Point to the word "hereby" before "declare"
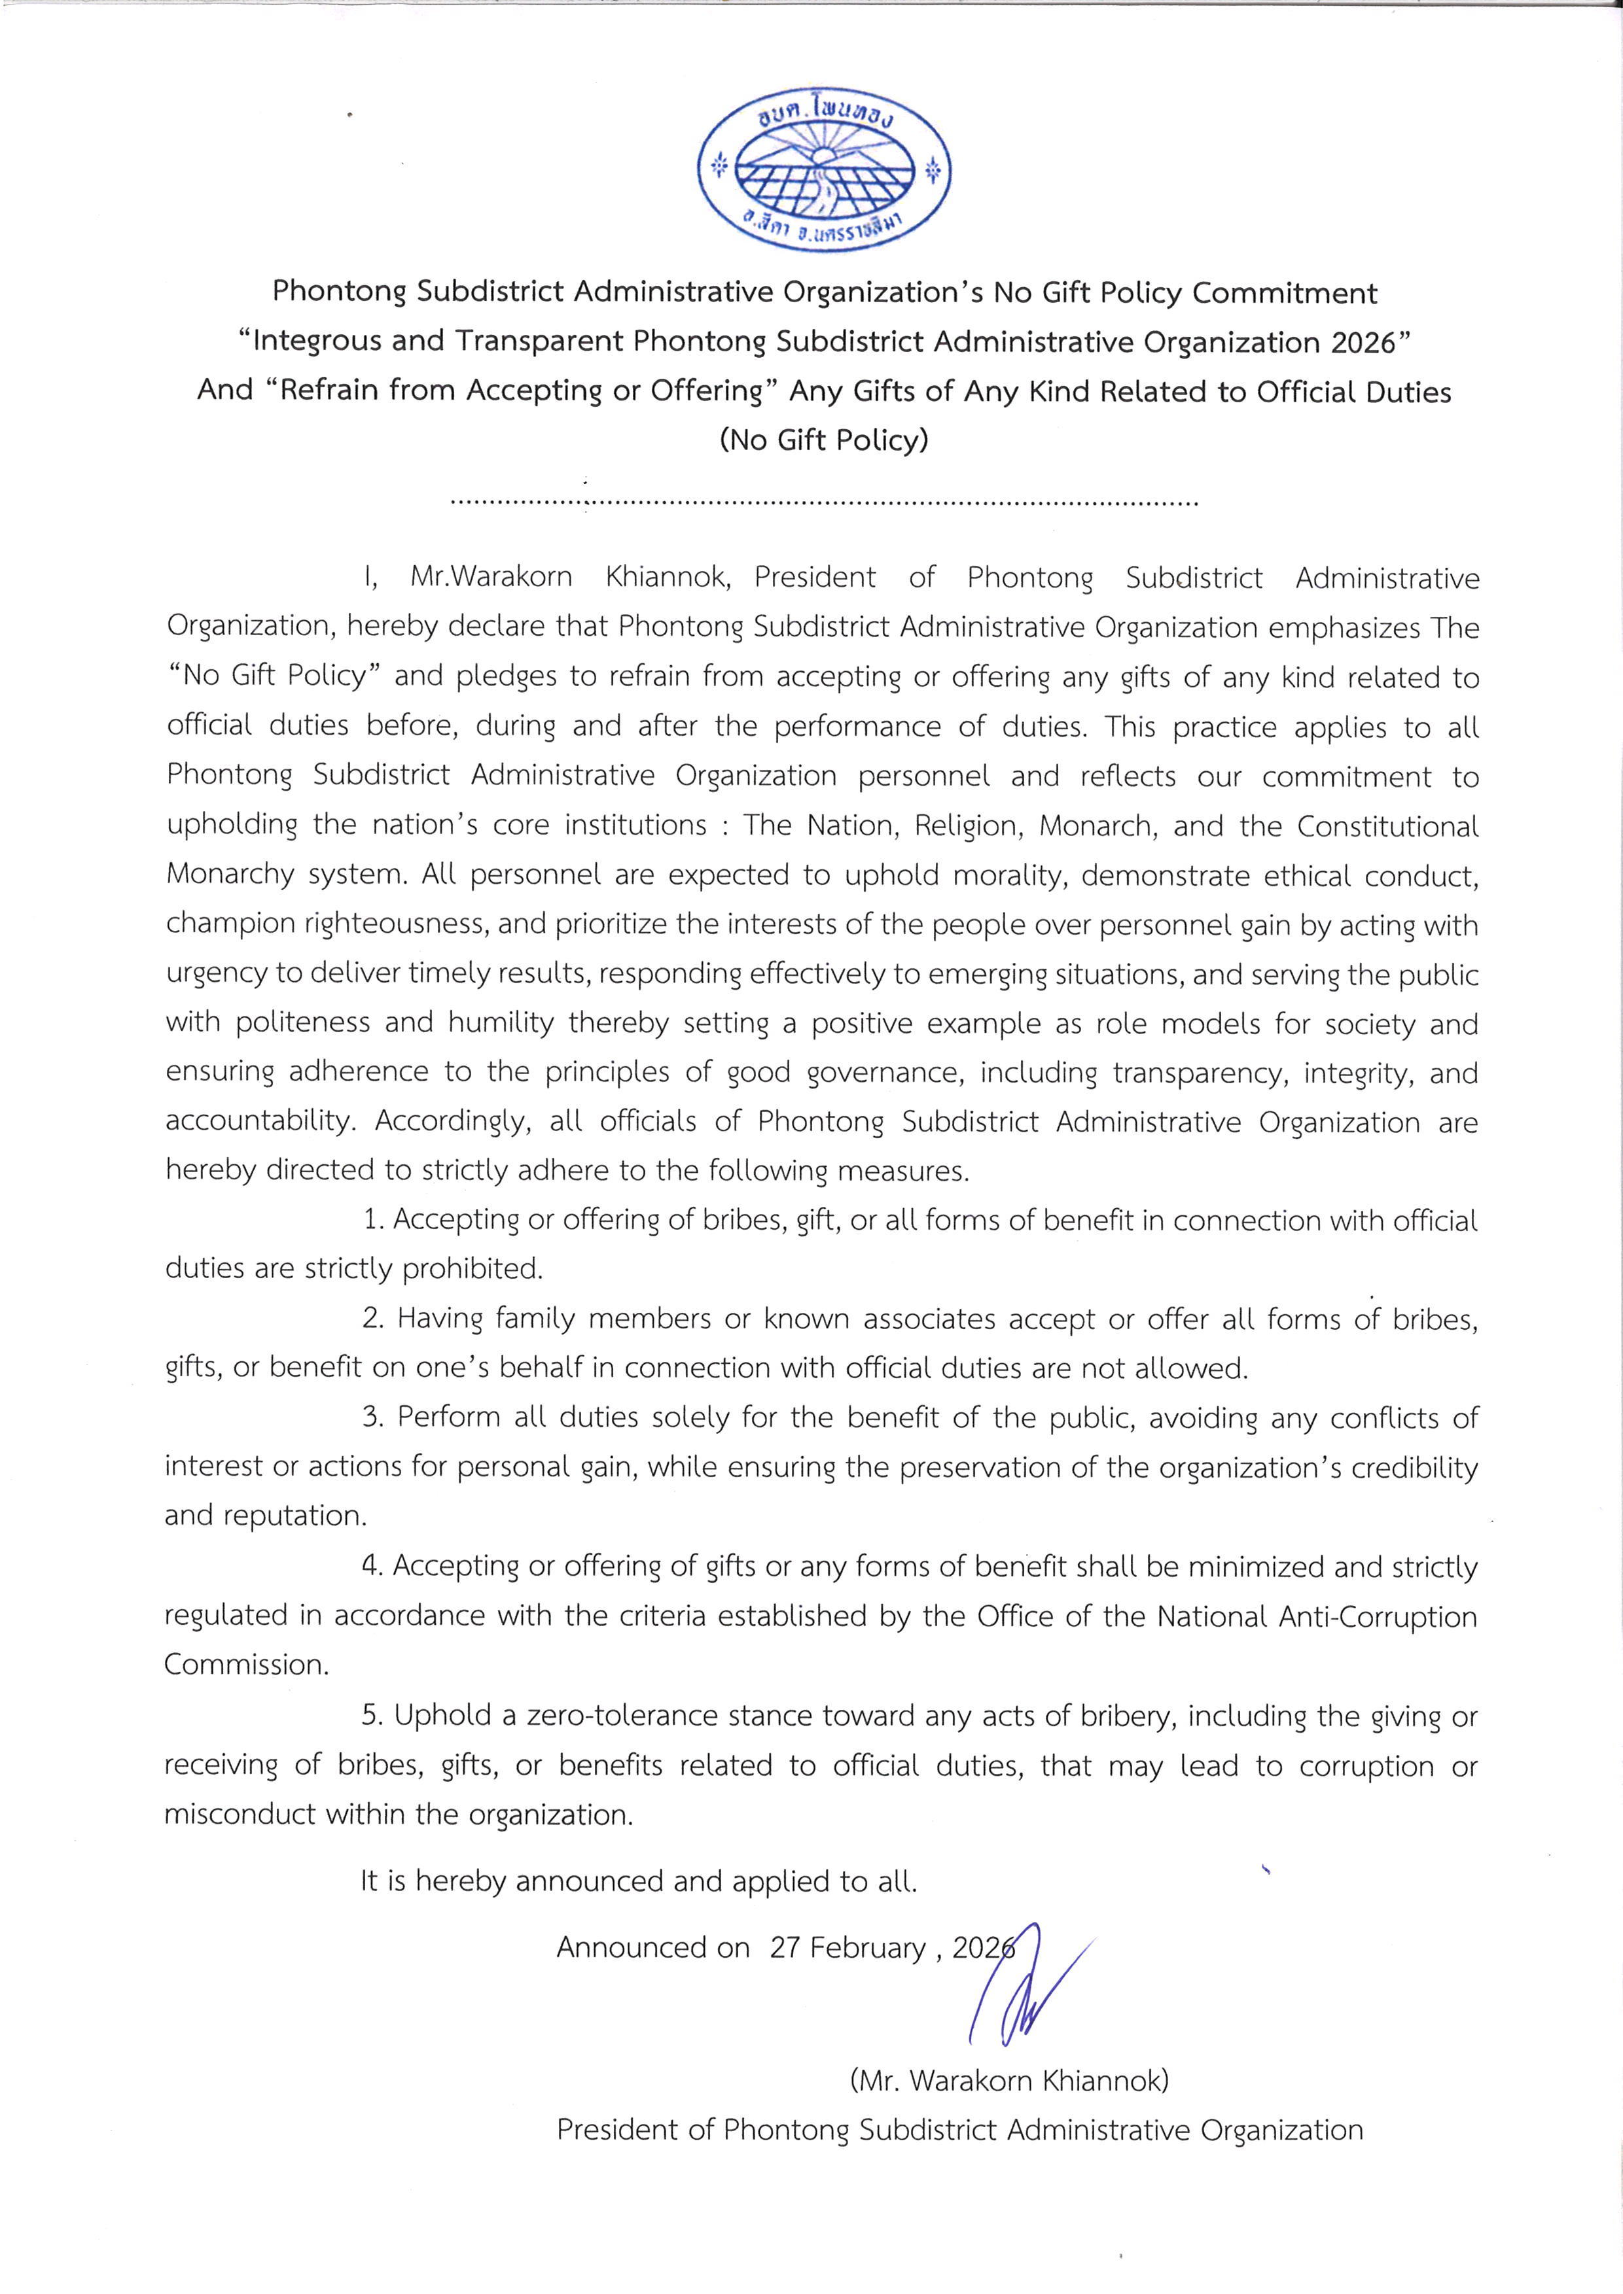pyautogui.click(x=394, y=627)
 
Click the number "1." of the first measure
pyautogui.click(x=374, y=1220)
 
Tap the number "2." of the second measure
pyautogui.click(x=374, y=1319)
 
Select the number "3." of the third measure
pyautogui.click(x=374, y=1417)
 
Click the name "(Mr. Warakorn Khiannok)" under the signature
pyautogui.click(x=1009, y=2081)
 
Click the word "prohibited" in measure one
pyautogui.click(x=473, y=1269)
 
